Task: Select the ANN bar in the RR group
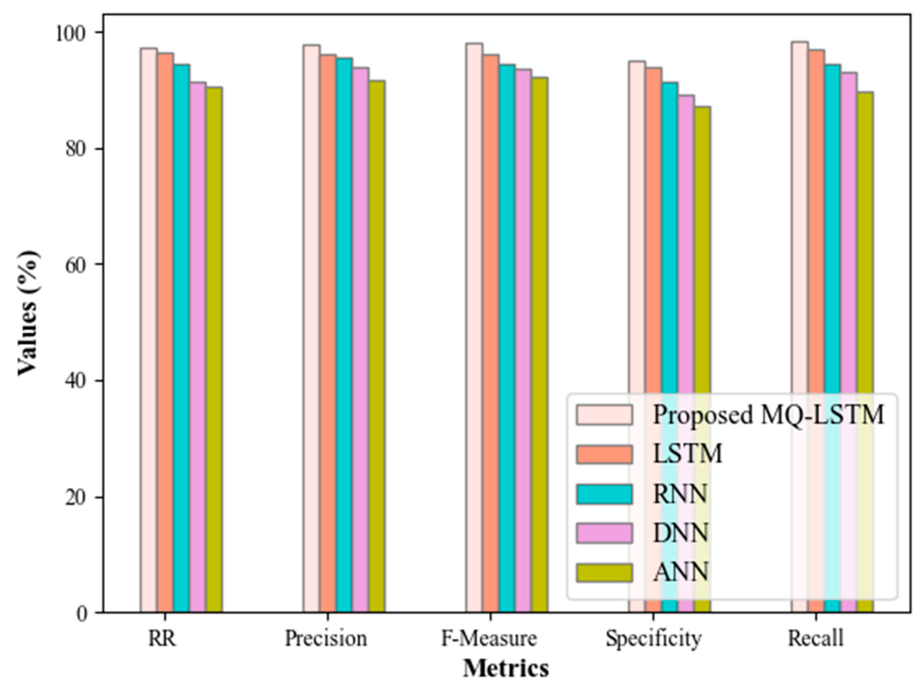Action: tap(214, 350)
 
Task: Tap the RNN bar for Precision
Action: tap(344, 333)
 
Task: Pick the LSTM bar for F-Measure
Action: tap(491, 333)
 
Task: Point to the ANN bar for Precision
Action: tap(377, 346)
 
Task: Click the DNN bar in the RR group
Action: tap(198, 346)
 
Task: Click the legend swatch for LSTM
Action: tap(604, 454)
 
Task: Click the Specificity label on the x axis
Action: tap(653, 638)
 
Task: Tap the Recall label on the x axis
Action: tap(815, 638)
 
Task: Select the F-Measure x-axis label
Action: tap(489, 638)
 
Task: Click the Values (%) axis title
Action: tap(29, 312)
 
